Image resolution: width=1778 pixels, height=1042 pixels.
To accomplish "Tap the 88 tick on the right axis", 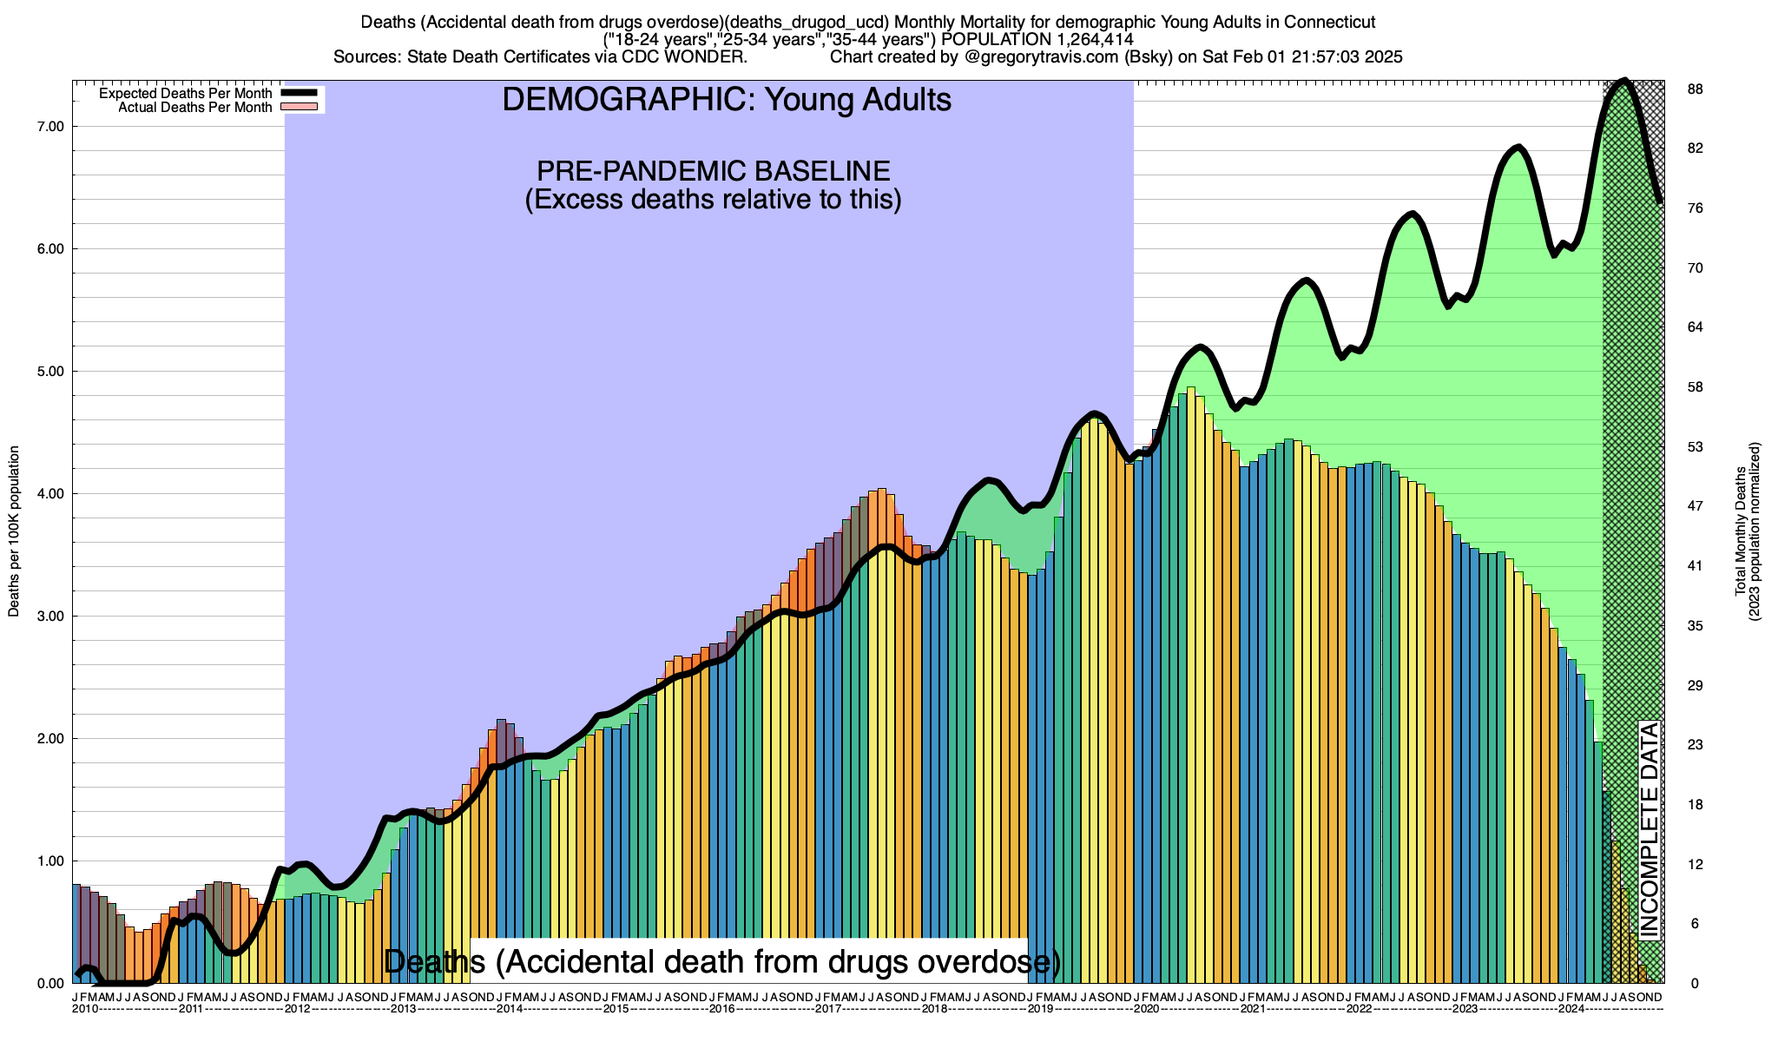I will coord(1694,89).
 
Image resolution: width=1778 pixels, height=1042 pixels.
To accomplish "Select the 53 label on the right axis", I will coord(1694,447).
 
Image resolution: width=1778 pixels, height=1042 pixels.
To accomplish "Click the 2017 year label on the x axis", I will coord(828,1009).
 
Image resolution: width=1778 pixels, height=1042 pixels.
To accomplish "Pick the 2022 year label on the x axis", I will coord(1360,1009).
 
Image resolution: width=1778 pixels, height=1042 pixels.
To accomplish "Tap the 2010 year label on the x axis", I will coord(85,1009).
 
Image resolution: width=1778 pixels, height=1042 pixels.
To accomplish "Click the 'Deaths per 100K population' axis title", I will coord(14,531).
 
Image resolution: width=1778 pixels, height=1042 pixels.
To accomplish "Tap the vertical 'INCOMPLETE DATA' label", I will coord(1649,829).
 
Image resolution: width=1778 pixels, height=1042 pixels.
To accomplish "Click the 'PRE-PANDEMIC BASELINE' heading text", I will coord(713,170).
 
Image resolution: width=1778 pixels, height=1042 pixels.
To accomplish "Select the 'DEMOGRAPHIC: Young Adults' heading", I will coord(727,100).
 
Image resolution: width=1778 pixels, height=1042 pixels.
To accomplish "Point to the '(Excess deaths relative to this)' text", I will coord(713,200).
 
